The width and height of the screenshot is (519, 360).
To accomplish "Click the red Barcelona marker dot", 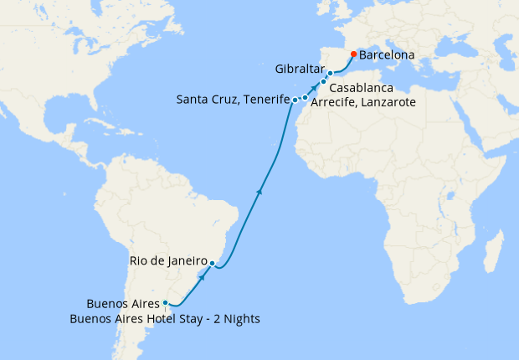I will (353, 54).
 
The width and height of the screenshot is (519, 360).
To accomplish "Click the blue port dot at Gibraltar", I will (330, 74).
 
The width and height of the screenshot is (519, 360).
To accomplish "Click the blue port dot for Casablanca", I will (323, 82).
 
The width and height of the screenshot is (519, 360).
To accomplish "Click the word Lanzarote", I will (387, 102).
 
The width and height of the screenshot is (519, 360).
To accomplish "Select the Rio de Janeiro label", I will (168, 260).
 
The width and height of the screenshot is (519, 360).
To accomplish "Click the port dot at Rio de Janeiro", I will (213, 264).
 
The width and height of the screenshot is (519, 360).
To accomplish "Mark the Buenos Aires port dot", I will (166, 303).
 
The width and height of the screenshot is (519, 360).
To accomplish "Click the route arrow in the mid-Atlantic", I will (259, 192).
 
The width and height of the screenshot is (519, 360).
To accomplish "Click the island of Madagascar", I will (493, 251).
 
